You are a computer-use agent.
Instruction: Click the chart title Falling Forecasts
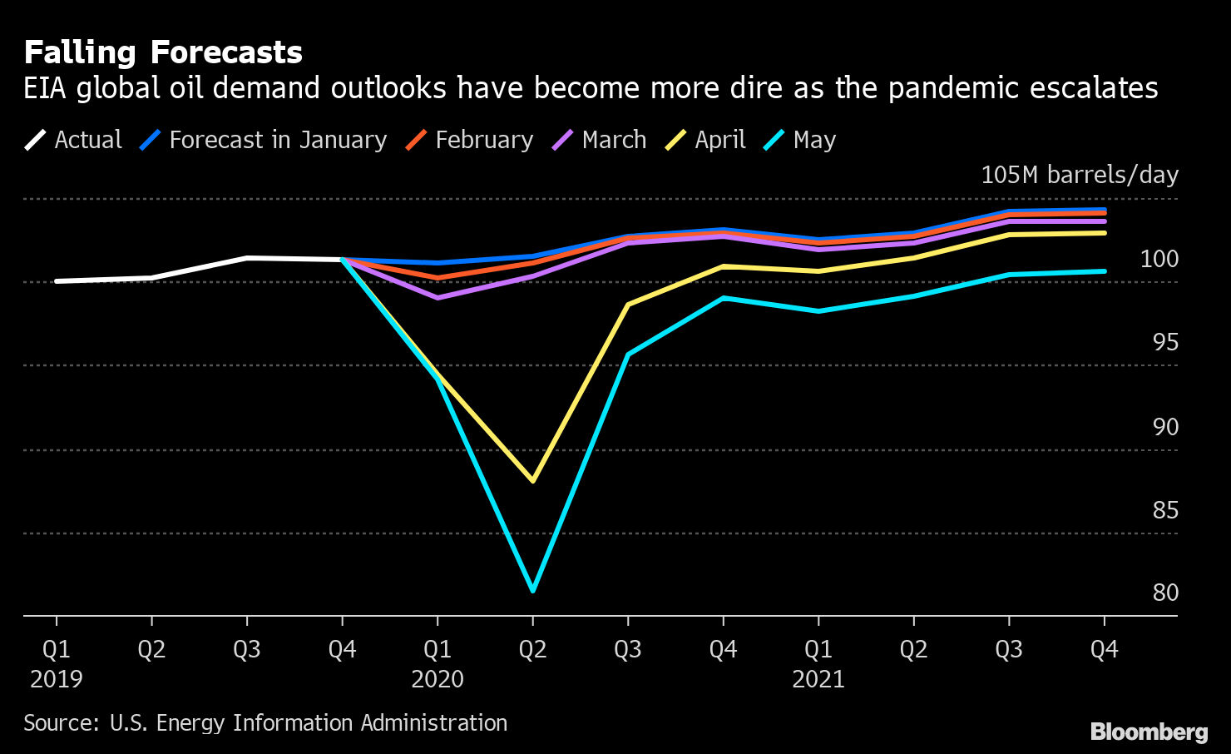[x=163, y=52]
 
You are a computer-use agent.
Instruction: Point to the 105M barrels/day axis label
[x=1080, y=175]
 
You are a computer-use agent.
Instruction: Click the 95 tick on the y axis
[x=1165, y=342]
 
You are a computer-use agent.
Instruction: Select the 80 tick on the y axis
[x=1165, y=593]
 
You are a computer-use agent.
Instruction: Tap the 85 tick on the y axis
[x=1165, y=509]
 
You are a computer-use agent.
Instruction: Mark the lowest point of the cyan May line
[x=532, y=591]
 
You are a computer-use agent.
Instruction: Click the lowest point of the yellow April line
[x=532, y=481]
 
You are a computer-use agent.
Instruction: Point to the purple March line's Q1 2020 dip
[x=438, y=297]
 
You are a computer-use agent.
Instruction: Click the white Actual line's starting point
[x=57, y=281]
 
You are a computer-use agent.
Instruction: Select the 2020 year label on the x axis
[x=438, y=679]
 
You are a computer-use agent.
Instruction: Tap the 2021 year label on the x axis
[x=818, y=679]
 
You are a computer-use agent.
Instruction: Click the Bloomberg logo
[x=1149, y=732]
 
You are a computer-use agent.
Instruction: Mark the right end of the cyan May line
[x=1104, y=271]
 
